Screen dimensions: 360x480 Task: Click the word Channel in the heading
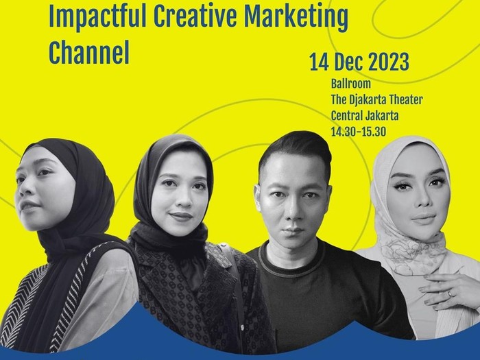(88, 53)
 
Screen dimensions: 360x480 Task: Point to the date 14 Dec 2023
(360, 62)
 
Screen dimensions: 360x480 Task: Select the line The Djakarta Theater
(376, 99)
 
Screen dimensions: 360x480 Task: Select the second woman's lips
(180, 216)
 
